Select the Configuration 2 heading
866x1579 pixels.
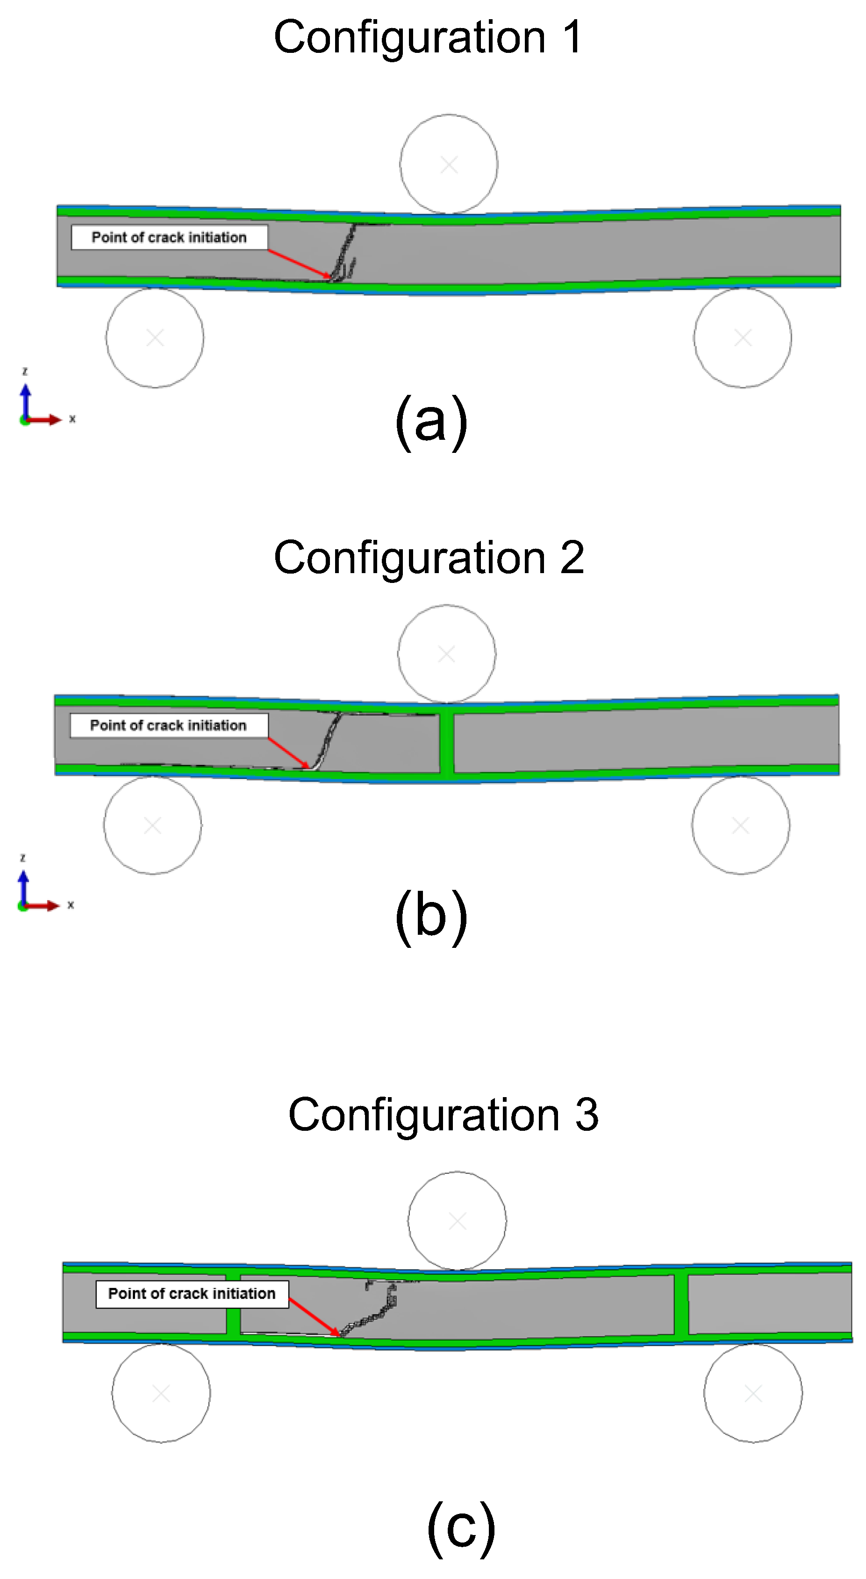point(429,558)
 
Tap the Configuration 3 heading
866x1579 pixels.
point(443,1114)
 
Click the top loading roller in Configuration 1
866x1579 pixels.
point(449,164)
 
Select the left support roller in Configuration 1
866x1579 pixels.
point(155,338)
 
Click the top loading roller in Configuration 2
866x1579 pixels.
point(446,654)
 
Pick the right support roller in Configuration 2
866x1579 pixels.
point(740,825)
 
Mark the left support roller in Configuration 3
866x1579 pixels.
point(161,1394)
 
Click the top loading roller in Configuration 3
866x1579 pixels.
point(457,1221)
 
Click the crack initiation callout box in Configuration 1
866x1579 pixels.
point(169,237)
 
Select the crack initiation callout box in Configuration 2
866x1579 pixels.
point(168,726)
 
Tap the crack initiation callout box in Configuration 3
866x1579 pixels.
point(192,1294)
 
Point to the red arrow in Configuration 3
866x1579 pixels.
point(314,1317)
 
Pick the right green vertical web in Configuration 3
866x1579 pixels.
point(681,1304)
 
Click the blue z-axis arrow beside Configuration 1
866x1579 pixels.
point(26,401)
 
